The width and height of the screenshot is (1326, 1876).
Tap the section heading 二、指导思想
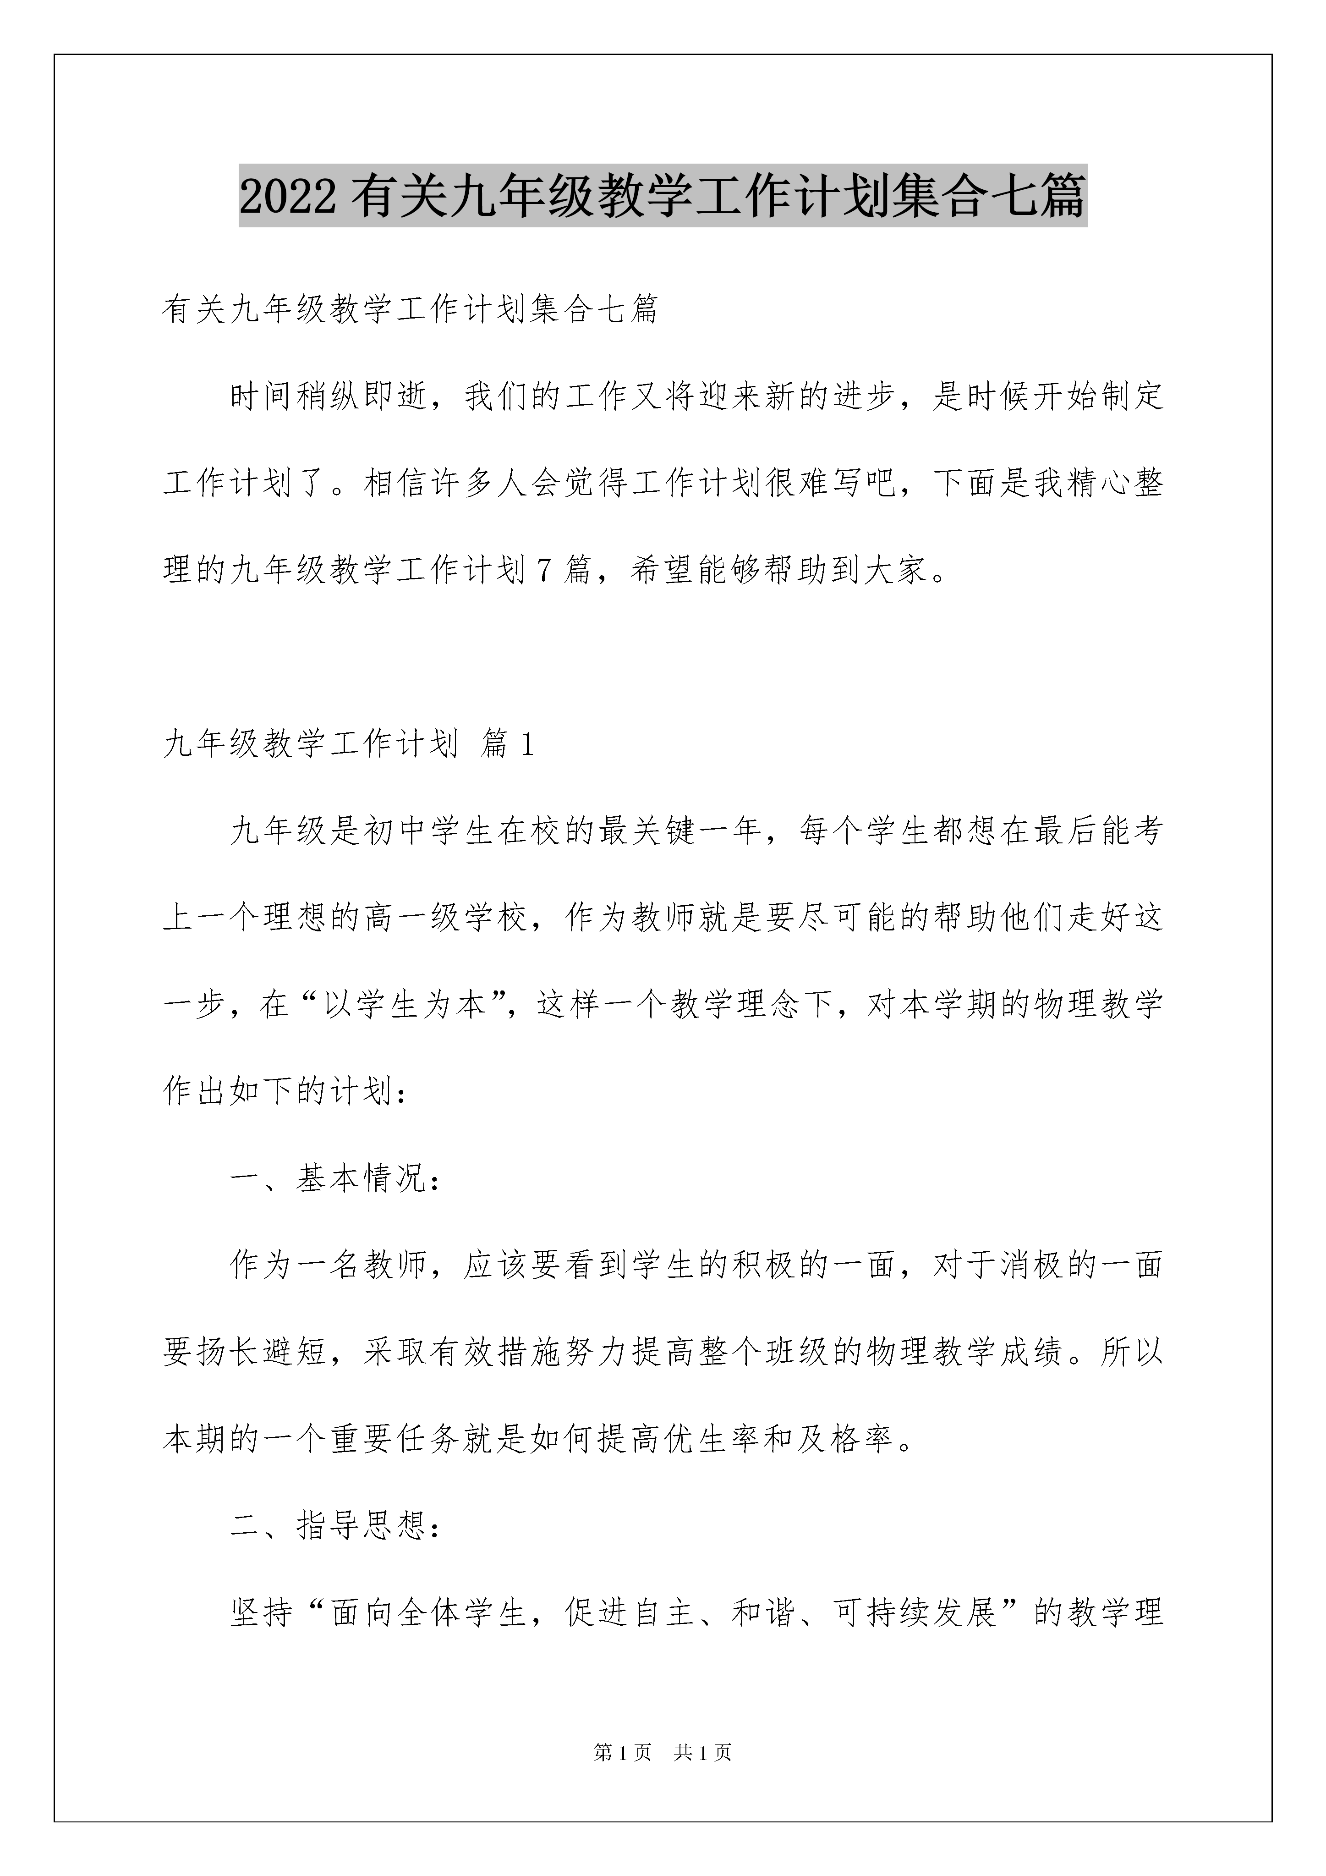coord(335,1525)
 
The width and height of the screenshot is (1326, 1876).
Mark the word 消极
coord(1030,1265)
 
